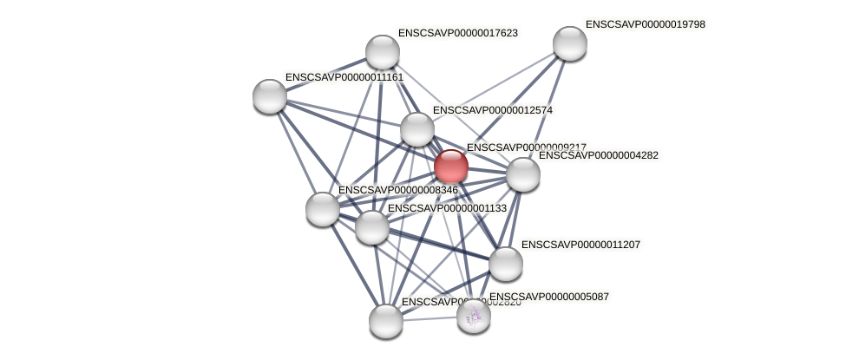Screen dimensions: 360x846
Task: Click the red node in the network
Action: [x=450, y=167]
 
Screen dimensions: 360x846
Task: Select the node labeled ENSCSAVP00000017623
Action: [x=382, y=52]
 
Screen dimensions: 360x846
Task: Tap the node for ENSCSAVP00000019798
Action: [x=569, y=43]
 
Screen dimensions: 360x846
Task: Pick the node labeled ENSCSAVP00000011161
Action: [x=270, y=95]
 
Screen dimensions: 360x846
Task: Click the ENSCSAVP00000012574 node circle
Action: [x=416, y=129]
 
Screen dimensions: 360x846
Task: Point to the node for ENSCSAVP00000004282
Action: [x=522, y=174]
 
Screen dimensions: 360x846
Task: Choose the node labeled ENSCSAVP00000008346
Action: [x=322, y=209]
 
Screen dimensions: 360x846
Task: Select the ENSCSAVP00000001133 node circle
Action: [x=372, y=227]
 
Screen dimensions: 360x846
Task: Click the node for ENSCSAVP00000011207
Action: [x=505, y=263]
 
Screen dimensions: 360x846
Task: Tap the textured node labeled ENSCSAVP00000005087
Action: [x=474, y=316]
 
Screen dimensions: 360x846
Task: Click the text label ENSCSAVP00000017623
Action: [x=457, y=33]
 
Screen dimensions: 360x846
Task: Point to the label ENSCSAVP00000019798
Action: [x=645, y=24]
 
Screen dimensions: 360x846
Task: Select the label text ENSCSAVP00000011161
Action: [x=344, y=77]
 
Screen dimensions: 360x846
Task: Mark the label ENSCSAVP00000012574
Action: [x=492, y=110]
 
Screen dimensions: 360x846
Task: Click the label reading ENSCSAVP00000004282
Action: [x=598, y=155]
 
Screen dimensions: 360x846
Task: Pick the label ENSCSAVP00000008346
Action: [x=397, y=190]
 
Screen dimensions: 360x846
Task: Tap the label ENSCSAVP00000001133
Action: [x=447, y=208]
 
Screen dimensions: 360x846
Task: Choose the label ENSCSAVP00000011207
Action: [x=580, y=245]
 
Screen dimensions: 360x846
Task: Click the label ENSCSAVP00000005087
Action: [x=548, y=297]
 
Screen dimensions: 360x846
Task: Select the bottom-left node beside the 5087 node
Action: [x=385, y=321]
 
